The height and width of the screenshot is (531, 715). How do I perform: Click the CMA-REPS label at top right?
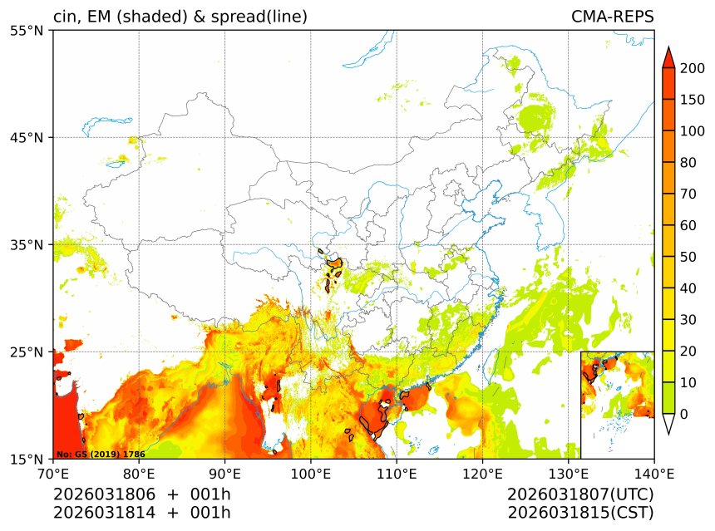(612, 17)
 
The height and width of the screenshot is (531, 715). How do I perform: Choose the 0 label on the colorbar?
(683, 414)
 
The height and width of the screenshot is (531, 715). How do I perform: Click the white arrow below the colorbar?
(668, 424)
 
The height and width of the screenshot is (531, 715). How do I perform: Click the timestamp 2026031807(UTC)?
(580, 494)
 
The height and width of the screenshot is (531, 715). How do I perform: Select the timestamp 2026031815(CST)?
(580, 512)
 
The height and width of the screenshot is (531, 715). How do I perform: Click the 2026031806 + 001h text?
(141, 494)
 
